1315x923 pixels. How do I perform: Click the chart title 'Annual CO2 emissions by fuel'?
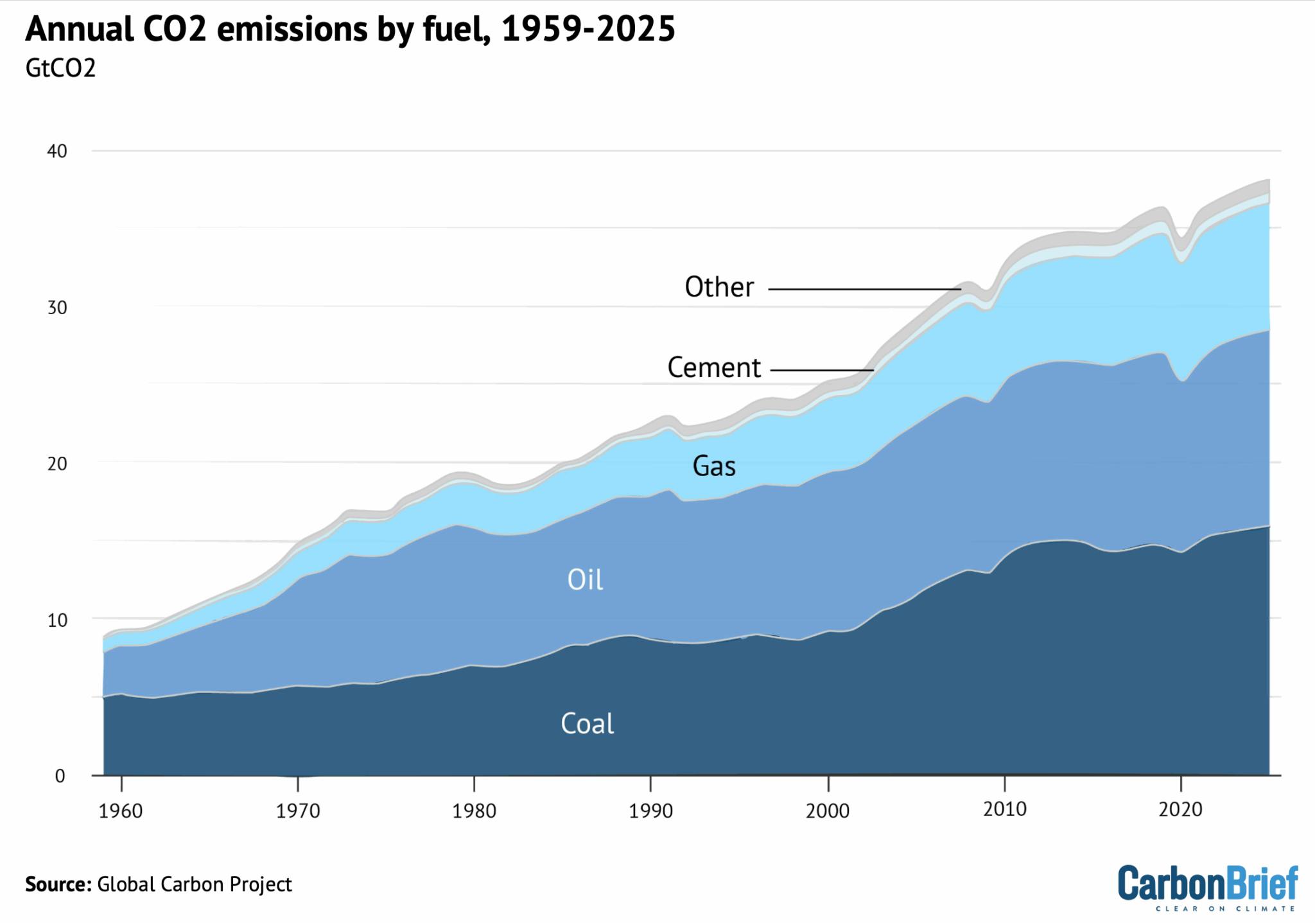[x=350, y=30]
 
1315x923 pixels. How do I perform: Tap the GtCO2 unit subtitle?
[x=60, y=68]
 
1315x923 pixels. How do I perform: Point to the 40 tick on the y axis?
[x=57, y=152]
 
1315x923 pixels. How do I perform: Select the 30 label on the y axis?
[x=57, y=308]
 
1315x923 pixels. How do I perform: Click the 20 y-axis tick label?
[x=57, y=464]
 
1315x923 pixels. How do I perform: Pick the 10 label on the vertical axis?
[x=57, y=620]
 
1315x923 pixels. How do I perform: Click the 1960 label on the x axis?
[x=121, y=811]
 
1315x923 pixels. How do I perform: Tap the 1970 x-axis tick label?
[x=298, y=811]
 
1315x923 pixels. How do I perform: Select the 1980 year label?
[x=475, y=811]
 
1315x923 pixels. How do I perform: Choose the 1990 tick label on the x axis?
[x=651, y=811]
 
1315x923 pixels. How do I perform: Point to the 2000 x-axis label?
[x=828, y=811]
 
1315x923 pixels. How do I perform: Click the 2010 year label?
[x=1005, y=809]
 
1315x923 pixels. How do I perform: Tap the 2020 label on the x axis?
[x=1180, y=809]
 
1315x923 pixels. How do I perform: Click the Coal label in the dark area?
[x=587, y=724]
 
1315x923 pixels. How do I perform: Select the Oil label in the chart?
[x=585, y=580]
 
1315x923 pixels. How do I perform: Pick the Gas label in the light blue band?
[x=713, y=466]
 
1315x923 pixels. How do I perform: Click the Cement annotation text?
[x=713, y=368]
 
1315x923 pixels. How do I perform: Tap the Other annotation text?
[x=718, y=287]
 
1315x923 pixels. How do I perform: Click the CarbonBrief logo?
[x=1207, y=887]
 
